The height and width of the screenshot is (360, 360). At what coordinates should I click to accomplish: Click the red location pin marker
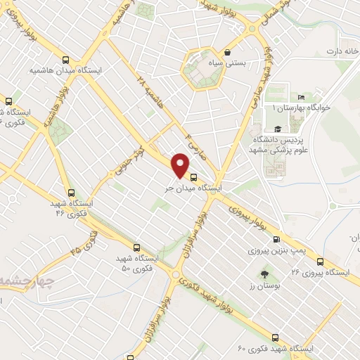click(181, 166)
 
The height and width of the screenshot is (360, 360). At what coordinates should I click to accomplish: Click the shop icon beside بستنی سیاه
click(227, 53)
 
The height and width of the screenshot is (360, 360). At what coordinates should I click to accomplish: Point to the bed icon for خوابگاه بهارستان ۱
click(301, 98)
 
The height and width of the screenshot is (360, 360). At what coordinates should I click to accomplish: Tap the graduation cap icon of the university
click(278, 129)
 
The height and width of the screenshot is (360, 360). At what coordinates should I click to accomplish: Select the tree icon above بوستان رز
click(264, 274)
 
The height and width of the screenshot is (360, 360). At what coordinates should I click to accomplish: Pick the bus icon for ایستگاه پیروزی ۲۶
click(320, 261)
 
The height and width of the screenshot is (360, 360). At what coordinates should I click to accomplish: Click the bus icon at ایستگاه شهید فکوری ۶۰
click(274, 337)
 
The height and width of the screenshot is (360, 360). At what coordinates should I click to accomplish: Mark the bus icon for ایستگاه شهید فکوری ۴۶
click(70, 192)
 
